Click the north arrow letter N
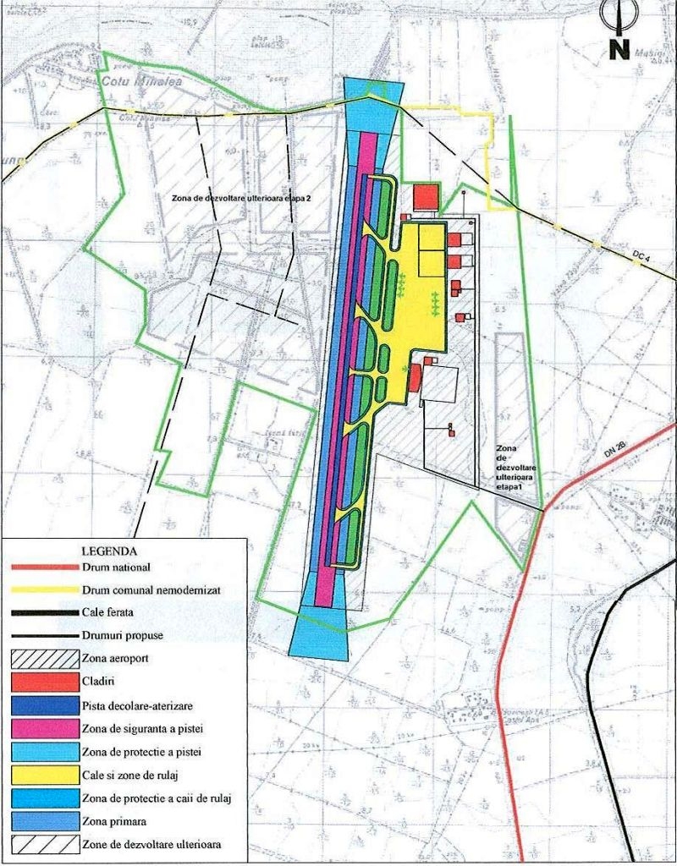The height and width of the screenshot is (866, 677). [619, 49]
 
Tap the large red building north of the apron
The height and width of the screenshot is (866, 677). [426, 197]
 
